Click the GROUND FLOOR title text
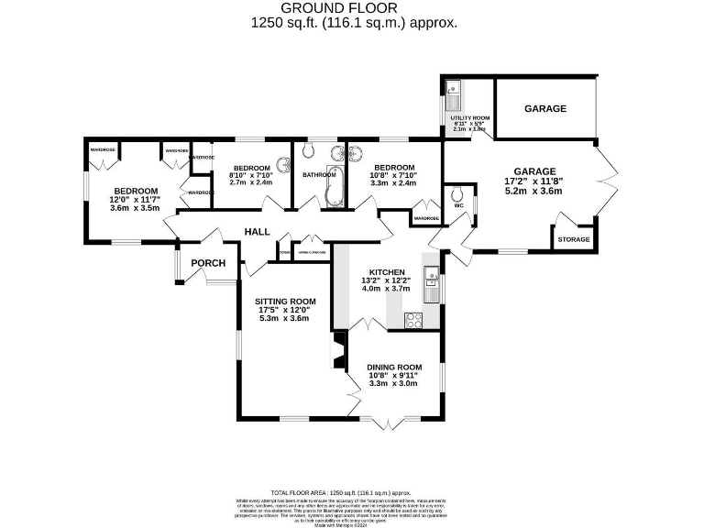(x=353, y=9)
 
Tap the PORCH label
(x=208, y=263)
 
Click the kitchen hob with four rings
(x=413, y=320)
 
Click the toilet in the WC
(x=456, y=194)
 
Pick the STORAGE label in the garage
(x=574, y=240)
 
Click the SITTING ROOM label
(x=286, y=301)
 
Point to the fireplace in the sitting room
(x=339, y=349)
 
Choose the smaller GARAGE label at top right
(x=545, y=109)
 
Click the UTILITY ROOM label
(x=469, y=118)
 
